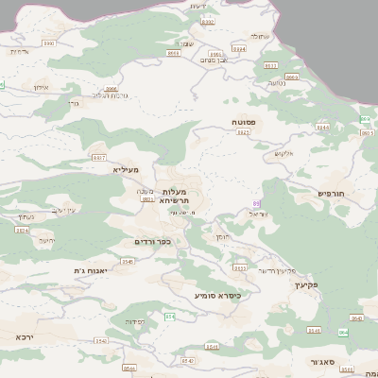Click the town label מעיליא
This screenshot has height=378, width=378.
point(125,169)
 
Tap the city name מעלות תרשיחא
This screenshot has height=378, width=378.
point(175,194)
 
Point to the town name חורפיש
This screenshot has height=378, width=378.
point(334,192)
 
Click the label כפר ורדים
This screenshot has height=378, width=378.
point(152,242)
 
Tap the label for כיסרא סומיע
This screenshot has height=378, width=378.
point(218,296)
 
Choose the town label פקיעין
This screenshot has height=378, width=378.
point(305,283)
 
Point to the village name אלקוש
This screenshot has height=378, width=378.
point(284,153)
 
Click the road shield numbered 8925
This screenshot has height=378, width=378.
point(244,133)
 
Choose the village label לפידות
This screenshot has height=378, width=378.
point(134,322)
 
